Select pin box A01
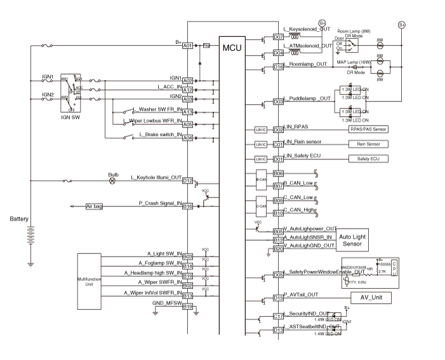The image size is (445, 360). (x=187, y=46)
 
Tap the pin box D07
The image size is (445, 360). (x=277, y=37)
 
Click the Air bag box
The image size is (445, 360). (x=94, y=206)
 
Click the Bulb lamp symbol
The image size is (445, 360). (x=113, y=180)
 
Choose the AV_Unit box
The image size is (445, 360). (x=371, y=297)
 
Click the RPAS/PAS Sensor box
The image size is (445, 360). (x=368, y=129)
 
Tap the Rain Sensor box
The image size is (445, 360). (x=368, y=144)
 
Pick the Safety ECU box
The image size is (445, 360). (x=368, y=158)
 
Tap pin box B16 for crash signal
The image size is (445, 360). (x=187, y=206)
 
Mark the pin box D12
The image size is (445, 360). (x=187, y=181)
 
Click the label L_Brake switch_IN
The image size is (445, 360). (x=159, y=135)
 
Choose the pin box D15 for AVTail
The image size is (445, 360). (x=277, y=298)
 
